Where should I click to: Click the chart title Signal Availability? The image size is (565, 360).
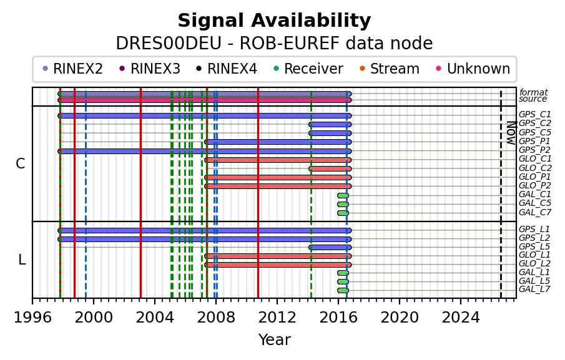pos(274,21)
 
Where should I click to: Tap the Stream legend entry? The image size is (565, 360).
pos(390,69)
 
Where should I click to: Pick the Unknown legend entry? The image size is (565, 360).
pos(473,69)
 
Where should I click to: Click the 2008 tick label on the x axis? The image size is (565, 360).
pos(216,318)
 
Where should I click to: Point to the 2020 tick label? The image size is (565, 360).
pos(400,318)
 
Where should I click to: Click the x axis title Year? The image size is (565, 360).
pos(274,339)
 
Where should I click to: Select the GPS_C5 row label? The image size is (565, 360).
pos(535,132)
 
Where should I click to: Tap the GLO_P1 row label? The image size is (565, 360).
pos(535,177)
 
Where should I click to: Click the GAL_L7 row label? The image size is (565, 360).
pos(534,289)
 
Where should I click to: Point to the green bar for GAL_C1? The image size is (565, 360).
pos(343,195)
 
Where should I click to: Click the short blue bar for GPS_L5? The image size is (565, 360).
pos(330,247)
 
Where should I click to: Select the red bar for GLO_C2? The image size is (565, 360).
pos(330,168)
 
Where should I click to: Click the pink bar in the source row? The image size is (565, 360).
pos(205,100)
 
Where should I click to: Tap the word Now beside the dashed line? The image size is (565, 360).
pos(511,133)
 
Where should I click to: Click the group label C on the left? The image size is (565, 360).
pos(21,164)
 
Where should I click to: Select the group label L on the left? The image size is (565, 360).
pos(22,260)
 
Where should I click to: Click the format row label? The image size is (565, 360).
pos(534,92)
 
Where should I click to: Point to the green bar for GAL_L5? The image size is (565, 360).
pos(343,281)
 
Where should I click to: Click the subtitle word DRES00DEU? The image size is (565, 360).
pos(169,44)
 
